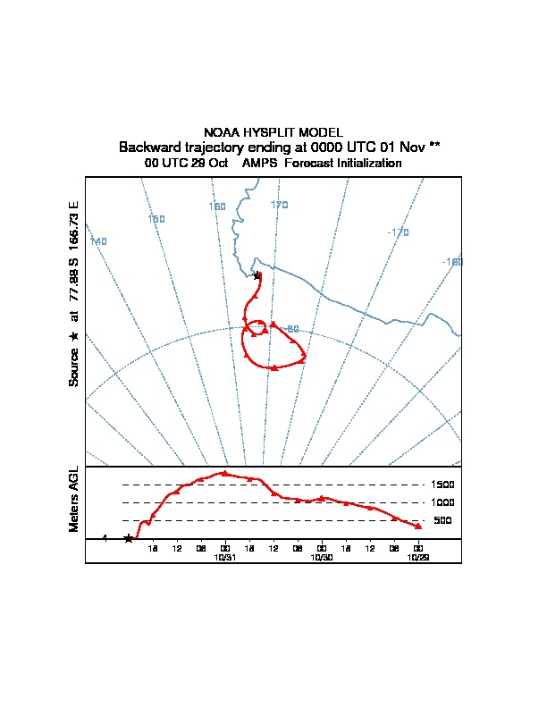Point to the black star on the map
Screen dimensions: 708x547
(257, 275)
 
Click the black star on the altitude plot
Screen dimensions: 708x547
(128, 538)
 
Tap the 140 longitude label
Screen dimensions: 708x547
(98, 242)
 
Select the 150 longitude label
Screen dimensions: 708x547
(156, 219)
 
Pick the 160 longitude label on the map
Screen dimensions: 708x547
(217, 206)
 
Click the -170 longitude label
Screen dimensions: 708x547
(398, 232)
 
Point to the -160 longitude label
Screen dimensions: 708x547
(452, 262)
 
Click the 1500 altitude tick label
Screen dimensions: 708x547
(443, 485)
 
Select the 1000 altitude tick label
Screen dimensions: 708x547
(443, 502)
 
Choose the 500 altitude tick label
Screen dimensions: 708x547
(442, 520)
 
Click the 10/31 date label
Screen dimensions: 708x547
(224, 556)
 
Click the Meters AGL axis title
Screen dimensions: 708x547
(74, 499)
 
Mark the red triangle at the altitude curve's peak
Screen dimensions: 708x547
(224, 473)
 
